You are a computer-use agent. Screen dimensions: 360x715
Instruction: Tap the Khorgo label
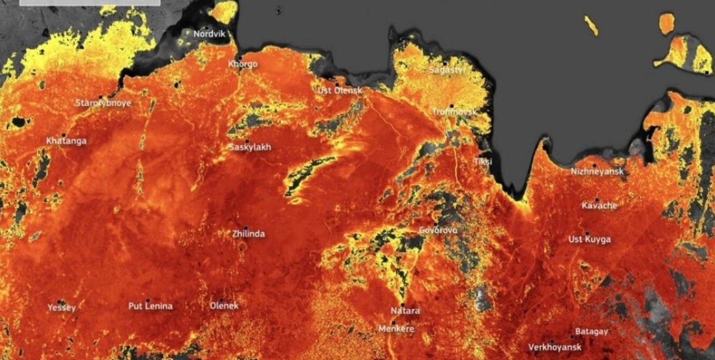click(x=243, y=64)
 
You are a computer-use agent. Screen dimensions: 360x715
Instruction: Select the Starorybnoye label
click(x=103, y=103)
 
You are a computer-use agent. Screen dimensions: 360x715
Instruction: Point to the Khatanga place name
click(x=66, y=141)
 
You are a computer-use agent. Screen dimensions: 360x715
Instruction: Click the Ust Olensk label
click(x=340, y=91)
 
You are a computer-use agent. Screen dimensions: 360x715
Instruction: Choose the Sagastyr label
click(x=447, y=70)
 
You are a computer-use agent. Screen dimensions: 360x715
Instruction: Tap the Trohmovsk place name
click(x=454, y=112)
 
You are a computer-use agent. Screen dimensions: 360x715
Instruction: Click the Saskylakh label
click(x=250, y=147)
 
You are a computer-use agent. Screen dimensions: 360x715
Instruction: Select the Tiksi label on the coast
click(x=483, y=162)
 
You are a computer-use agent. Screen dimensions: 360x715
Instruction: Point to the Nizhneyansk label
click(x=597, y=171)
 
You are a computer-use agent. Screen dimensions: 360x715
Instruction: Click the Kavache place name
click(x=599, y=206)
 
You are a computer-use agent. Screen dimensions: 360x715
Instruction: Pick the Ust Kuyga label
click(x=589, y=240)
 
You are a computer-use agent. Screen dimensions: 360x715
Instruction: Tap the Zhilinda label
click(x=248, y=234)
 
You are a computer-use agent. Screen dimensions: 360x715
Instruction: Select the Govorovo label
click(x=438, y=230)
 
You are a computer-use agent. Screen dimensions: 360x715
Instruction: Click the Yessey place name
click(x=62, y=308)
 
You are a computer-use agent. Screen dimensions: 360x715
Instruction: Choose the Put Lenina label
click(x=150, y=306)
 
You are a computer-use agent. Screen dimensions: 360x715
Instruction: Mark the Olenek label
click(x=224, y=306)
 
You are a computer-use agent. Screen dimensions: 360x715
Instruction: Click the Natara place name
click(x=405, y=311)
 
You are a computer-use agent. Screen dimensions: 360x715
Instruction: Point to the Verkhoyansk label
click(x=554, y=347)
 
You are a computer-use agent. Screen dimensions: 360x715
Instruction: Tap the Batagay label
click(x=591, y=331)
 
